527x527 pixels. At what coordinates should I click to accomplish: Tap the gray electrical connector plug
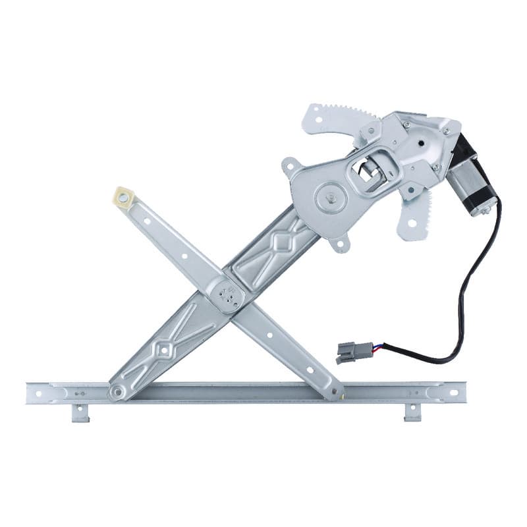349,352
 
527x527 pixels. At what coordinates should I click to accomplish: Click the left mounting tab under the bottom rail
80,413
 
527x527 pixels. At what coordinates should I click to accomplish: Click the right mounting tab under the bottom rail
412,412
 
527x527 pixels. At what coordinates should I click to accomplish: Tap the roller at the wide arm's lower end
117,393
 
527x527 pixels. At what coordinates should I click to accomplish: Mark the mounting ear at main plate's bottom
341,244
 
